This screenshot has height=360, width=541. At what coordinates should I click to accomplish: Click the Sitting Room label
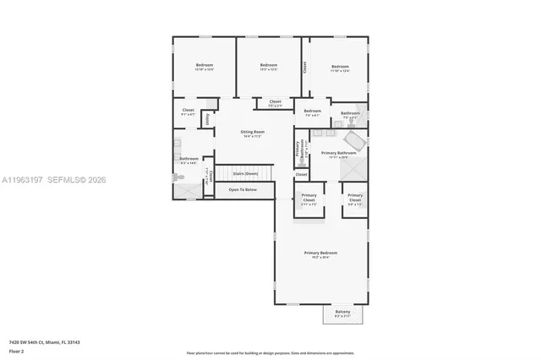252,134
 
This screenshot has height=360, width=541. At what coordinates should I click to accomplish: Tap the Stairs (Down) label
245,173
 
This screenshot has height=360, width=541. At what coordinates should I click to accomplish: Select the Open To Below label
243,190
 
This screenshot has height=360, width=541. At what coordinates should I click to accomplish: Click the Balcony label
342,313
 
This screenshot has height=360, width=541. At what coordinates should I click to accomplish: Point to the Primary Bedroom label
321,254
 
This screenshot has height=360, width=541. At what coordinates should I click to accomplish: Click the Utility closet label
207,120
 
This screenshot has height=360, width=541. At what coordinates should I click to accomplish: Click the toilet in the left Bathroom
179,177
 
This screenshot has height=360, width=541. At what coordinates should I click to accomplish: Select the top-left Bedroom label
205,66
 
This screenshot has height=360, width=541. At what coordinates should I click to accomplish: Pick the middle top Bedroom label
269,66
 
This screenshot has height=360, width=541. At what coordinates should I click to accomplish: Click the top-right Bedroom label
340,68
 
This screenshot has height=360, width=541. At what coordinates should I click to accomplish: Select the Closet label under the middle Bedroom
276,103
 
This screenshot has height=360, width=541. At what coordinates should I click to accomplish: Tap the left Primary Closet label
309,199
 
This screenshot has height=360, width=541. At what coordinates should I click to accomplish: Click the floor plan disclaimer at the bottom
270,352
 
